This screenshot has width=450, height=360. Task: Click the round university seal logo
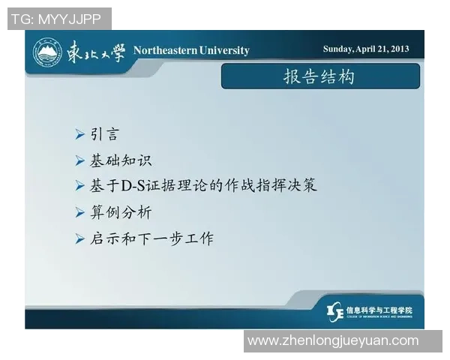coord(47,52)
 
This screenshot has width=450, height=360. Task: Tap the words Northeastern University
coord(191,50)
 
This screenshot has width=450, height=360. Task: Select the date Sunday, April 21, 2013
coord(366,49)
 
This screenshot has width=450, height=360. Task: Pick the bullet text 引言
coord(105,135)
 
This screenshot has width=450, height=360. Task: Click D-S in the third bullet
coord(136,185)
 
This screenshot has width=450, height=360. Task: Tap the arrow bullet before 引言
coord(80,135)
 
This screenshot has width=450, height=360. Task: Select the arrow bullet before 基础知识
coord(80,160)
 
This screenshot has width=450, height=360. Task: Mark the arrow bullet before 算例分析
coord(80,212)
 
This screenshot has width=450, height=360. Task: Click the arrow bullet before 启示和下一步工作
coord(80,238)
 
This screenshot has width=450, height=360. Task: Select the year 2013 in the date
coord(398,49)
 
